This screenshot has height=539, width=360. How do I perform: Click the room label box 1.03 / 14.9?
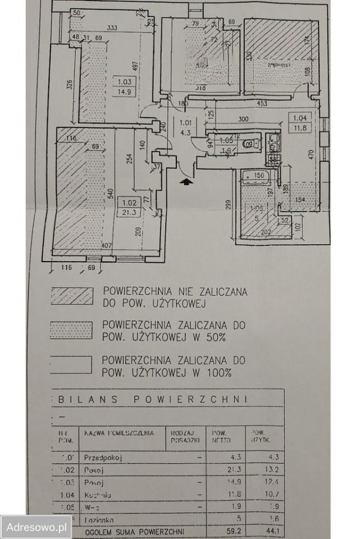point(123,87)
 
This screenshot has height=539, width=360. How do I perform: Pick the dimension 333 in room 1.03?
point(112,28)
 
